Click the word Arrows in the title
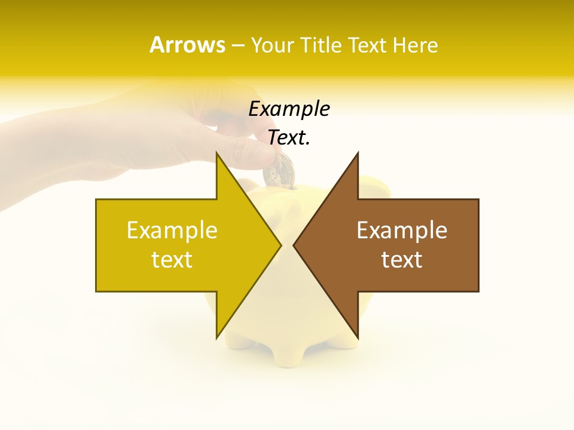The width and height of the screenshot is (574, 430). tap(187, 45)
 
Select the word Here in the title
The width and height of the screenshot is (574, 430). tap(416, 45)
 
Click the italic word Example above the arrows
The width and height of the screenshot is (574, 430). tap(289, 109)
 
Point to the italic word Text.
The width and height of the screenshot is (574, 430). tap(289, 137)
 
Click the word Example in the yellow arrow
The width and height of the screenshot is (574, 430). tap(172, 230)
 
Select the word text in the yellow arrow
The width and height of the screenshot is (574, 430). tap(172, 259)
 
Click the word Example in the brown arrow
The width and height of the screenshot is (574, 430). tap(402, 230)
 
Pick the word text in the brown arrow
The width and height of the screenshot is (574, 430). tap(402, 259)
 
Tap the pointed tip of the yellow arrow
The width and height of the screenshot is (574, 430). tap(280, 245)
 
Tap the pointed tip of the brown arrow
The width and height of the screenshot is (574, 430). tap(294, 245)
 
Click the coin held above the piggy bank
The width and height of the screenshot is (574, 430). tap(279, 170)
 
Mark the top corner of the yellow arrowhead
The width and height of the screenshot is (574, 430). tap(216, 153)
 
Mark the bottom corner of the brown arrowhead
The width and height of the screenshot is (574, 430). tap(358, 338)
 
